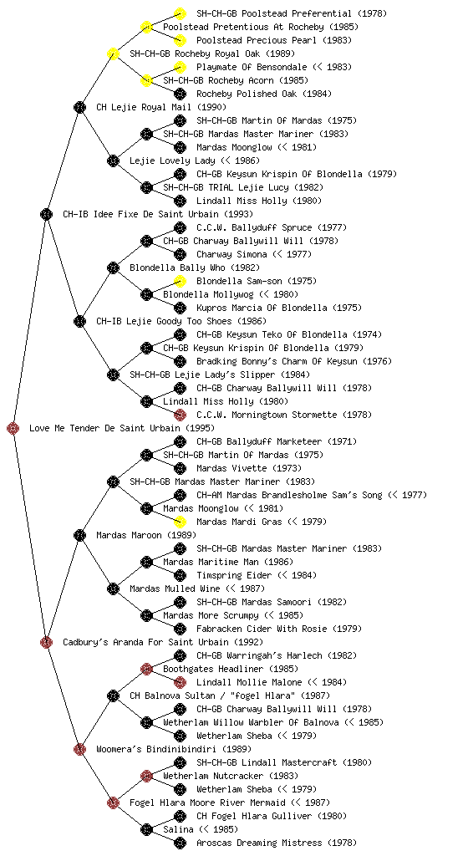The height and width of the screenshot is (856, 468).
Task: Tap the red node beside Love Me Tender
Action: pos(13,428)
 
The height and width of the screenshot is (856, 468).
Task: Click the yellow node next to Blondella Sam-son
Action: pos(180,281)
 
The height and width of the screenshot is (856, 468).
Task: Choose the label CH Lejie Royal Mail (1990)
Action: pos(161,107)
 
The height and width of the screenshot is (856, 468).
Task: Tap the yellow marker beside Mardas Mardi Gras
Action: pos(180,522)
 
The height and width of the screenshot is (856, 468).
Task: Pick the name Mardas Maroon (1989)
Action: pos(146,535)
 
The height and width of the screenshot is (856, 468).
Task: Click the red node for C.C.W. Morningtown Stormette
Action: pos(180,415)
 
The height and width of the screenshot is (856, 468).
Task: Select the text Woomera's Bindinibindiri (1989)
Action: pos(174,749)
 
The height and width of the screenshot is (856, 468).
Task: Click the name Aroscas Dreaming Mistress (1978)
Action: pos(277,843)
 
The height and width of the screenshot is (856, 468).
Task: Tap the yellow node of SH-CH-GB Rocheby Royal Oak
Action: pos(113,53)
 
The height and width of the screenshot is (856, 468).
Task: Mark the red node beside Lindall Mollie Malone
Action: pos(180,682)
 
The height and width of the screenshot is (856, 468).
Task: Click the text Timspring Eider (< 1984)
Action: pos(257,575)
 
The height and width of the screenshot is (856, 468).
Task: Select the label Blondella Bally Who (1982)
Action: pos(195,267)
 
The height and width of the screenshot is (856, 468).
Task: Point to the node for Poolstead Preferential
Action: pos(180,13)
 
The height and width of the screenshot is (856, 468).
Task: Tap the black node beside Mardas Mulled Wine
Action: pos(113,588)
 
